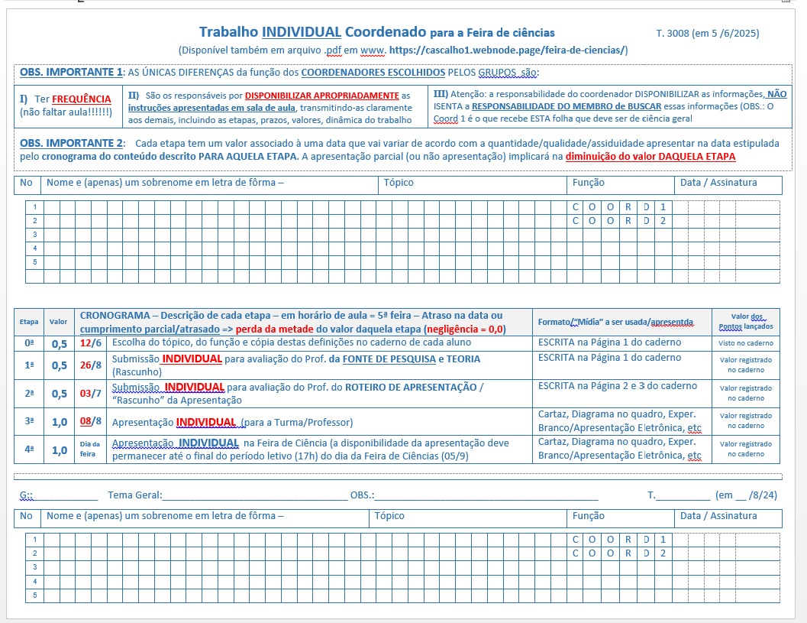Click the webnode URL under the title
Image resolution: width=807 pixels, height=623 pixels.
pos(508,50)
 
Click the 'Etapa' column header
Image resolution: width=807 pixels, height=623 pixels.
pos(29,322)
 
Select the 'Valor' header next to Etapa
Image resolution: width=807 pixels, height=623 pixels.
pos(58,322)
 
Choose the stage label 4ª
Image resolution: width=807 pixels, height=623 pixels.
pos(29,449)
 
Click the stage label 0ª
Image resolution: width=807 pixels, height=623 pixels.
pos(29,343)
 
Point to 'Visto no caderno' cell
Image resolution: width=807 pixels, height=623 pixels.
pos(745,343)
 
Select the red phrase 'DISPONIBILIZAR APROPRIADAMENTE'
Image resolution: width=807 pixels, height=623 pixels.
pos(322,96)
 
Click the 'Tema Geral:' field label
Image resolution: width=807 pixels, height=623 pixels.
pos(135,495)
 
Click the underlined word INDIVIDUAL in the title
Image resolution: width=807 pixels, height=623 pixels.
pos(302,32)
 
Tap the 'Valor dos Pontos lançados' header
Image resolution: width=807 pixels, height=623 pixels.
pos(745,321)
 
